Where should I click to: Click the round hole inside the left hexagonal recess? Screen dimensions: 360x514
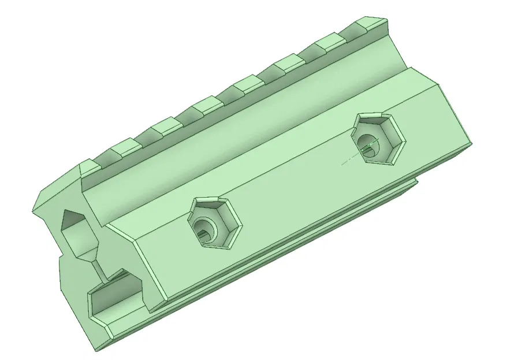point(204,227)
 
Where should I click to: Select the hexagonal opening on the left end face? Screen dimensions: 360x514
point(78,234)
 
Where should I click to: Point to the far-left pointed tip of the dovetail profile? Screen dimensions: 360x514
point(35,208)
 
